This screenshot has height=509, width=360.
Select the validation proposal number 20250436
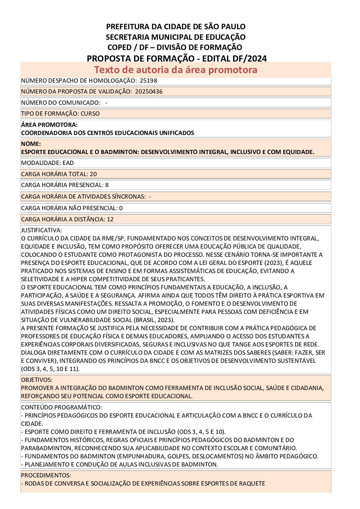coord(148,91)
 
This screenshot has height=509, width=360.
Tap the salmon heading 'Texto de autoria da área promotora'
coord(176,70)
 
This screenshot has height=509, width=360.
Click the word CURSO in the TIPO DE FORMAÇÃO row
coord(90,114)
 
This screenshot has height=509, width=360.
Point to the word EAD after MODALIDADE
coord(68,163)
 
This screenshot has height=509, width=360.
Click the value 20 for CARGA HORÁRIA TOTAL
coord(93,174)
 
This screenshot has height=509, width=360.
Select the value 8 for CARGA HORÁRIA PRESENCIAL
coord(107,185)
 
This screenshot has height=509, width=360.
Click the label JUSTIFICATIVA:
coord(42,230)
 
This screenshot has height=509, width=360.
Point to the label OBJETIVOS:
coord(37,380)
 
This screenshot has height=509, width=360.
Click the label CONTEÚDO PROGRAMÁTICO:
coord(61,407)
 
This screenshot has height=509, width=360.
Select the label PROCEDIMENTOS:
coord(46,475)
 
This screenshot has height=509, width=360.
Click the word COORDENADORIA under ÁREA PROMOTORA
coord(47,133)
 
